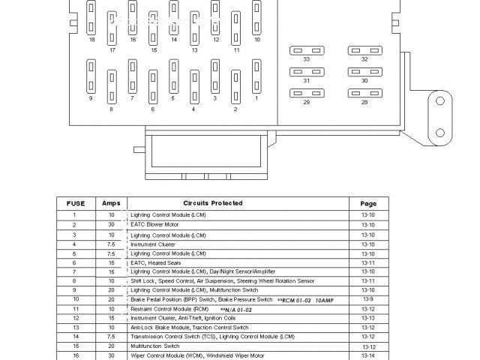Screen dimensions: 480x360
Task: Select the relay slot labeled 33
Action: click(306, 50)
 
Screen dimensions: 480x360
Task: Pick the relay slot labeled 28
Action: click(364, 94)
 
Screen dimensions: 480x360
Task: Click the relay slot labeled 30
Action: click(364, 72)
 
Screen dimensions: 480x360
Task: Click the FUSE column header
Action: click(75, 203)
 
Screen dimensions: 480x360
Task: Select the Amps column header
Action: click(111, 203)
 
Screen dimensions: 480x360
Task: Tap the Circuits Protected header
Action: click(212, 203)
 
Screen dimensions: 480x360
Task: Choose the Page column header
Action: click(368, 203)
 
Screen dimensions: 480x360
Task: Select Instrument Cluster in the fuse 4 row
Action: click(153, 244)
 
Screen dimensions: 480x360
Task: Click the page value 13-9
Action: click(368, 299)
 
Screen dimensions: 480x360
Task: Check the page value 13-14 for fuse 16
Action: click(368, 355)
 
